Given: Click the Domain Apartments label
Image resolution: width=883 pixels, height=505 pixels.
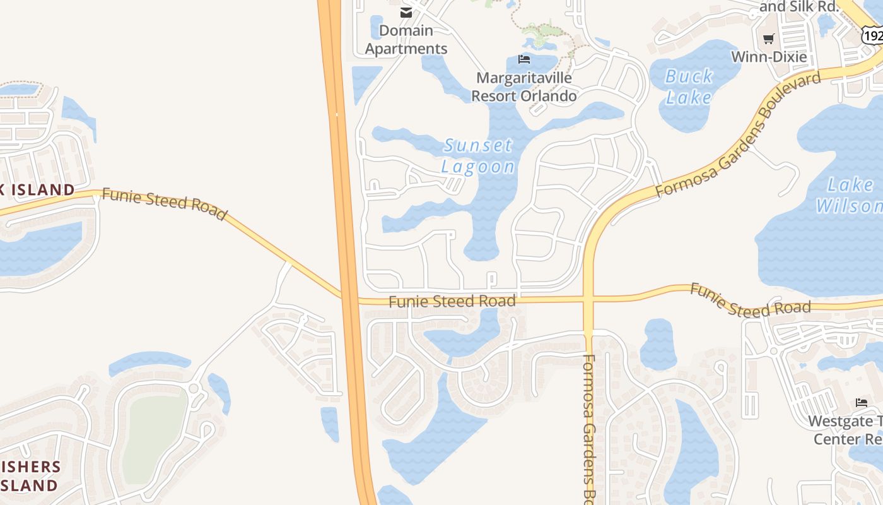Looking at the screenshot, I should point(406,40).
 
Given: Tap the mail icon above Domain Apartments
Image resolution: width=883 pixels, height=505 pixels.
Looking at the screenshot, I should point(406,13).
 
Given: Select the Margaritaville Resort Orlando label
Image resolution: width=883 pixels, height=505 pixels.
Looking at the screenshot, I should point(524,87).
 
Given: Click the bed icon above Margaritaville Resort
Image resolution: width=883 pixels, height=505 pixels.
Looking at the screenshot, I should point(523,59).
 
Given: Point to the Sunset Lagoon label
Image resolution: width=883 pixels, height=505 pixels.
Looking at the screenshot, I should point(478,156).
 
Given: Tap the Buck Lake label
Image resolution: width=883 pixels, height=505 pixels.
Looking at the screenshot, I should point(689,87).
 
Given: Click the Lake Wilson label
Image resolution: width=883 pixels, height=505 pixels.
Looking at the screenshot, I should point(849,195).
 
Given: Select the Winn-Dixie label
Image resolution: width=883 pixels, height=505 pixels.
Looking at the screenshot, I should point(768,57).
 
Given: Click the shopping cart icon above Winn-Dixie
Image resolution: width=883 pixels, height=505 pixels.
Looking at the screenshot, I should point(768,39).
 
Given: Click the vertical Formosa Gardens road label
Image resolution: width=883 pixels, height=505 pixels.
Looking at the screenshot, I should point(589,427).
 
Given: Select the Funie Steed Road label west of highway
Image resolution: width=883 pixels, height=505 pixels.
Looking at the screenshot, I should point(164,203).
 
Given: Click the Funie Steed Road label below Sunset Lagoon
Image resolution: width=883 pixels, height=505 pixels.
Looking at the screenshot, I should point(452,302).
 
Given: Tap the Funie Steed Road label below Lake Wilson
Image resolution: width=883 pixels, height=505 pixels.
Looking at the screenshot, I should point(750,300).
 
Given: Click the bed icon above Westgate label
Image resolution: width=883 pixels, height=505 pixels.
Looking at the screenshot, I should point(862,403).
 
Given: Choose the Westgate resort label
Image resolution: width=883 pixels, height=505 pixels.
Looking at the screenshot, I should point(845,430).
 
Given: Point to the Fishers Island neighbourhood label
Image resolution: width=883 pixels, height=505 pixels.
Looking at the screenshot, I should point(30,476).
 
